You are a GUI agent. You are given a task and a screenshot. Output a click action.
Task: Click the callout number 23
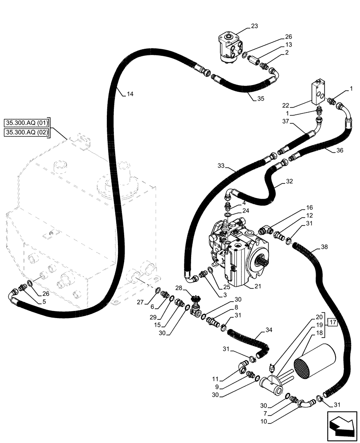pos(254,26)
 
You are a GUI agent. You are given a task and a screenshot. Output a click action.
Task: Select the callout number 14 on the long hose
pos(129,94)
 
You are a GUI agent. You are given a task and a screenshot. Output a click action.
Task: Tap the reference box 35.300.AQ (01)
pos(27,123)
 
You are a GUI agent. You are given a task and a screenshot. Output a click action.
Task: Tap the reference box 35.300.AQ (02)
pos(27,132)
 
